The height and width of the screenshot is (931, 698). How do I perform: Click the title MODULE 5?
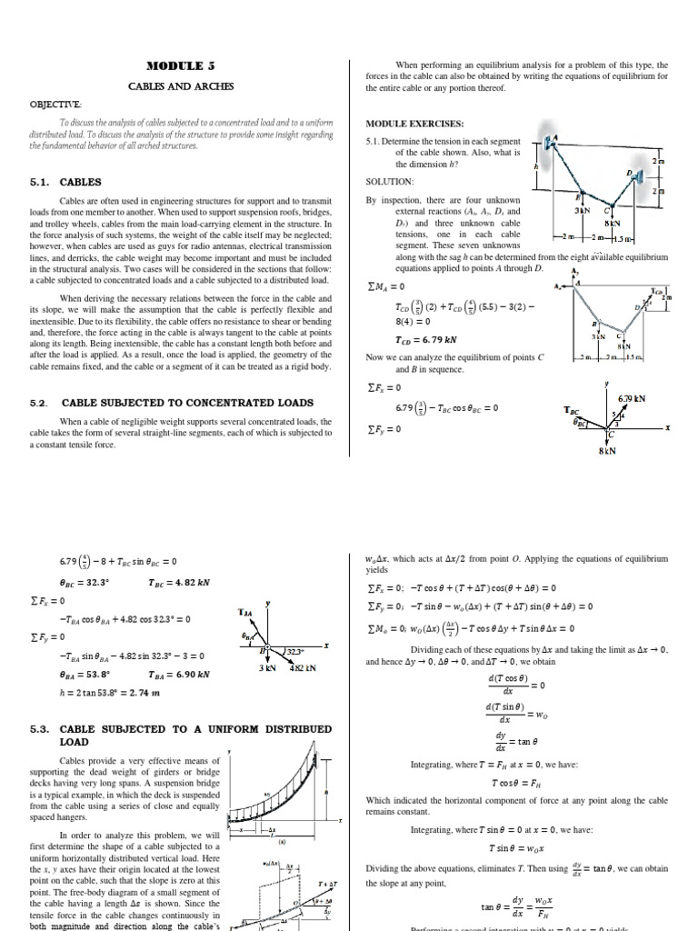(180, 65)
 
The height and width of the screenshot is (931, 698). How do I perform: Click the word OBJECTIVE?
(57, 105)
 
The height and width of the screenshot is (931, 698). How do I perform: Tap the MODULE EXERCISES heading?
(414, 123)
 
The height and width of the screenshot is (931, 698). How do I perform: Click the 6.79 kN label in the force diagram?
(631, 398)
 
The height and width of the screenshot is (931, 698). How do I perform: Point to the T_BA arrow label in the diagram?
(245, 613)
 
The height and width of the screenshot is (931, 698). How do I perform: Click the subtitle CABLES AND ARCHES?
(180, 86)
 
